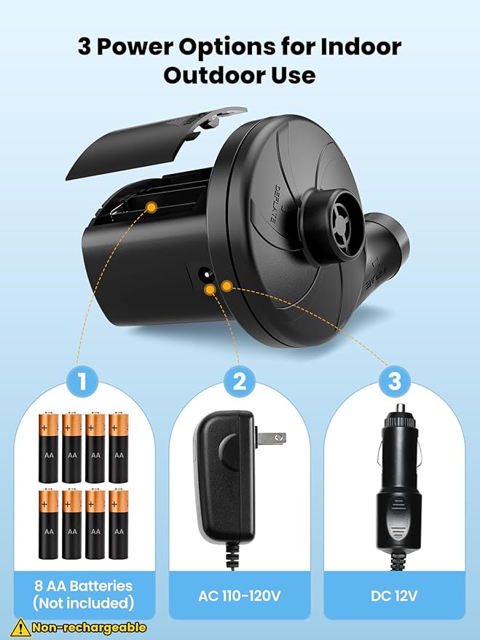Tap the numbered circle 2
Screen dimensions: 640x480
click(240, 381)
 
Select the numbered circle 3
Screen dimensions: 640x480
click(394, 381)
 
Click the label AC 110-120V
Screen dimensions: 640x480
click(240, 595)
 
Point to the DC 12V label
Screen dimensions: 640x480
click(394, 595)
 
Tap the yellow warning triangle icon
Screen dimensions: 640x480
click(20, 627)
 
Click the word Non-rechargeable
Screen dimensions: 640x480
click(89, 628)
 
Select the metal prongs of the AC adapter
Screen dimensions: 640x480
click(273, 438)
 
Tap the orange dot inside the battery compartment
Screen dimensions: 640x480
click(151, 208)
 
